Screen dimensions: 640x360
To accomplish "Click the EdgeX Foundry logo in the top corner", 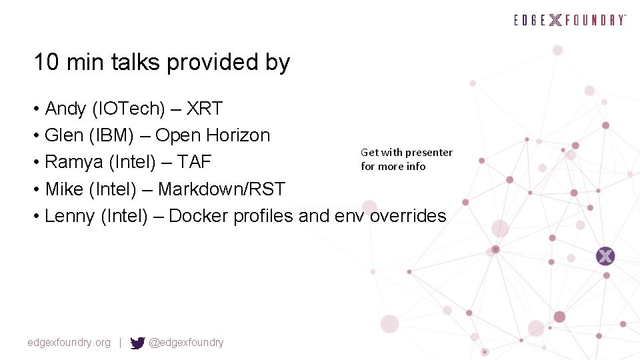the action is tap(570, 20).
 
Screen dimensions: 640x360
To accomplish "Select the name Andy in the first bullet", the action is tap(65, 109).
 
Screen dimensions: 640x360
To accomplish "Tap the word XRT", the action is tap(205, 109).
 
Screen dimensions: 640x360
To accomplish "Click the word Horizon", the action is tap(238, 135).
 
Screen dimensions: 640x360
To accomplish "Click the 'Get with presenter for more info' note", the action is tap(406, 159).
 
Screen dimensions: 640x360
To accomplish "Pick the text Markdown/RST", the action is tap(221, 189).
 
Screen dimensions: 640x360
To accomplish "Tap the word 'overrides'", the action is tap(408, 216).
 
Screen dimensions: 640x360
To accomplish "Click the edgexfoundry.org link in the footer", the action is tap(69, 343).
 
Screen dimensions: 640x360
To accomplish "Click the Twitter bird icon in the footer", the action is tap(137, 343).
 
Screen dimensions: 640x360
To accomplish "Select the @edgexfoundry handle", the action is tap(186, 343).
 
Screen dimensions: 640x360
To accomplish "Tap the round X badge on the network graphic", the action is tap(605, 255).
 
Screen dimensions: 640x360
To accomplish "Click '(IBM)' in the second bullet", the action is tap(119, 135).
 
